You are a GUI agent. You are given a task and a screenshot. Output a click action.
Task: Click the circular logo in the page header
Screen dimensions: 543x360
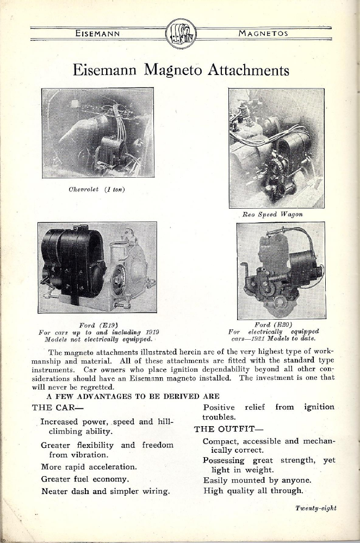[181, 34]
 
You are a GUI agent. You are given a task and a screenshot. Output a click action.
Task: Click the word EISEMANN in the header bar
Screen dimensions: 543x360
[98, 34]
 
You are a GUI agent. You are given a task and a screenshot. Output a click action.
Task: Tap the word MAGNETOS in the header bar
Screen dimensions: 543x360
[263, 34]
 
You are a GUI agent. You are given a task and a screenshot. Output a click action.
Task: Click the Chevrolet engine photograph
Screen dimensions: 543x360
[98, 133]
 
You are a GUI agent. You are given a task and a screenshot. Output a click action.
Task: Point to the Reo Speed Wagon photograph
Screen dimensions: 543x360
[276, 148]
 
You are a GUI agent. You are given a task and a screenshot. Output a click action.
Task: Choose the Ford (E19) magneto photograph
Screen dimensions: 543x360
[97, 267]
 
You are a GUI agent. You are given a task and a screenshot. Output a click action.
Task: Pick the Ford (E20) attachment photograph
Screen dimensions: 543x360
[281, 270]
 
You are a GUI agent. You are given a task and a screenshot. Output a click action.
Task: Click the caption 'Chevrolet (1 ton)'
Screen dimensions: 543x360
[97, 189]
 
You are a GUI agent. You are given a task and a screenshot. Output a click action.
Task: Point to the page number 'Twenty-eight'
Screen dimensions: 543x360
[316, 508]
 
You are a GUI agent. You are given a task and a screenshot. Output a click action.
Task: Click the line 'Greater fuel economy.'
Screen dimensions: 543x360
[85, 479]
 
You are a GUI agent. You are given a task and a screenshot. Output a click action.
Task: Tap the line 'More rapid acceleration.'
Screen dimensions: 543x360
[89, 466]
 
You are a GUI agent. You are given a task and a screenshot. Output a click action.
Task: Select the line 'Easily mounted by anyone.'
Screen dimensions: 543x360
[257, 480]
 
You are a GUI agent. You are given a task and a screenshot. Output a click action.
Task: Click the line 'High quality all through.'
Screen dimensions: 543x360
[253, 491]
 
